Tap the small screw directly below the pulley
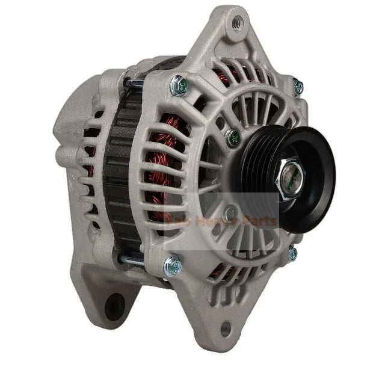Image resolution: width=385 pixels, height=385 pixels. coord(230,212)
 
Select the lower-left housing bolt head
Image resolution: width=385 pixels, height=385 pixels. coord(172,263)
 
